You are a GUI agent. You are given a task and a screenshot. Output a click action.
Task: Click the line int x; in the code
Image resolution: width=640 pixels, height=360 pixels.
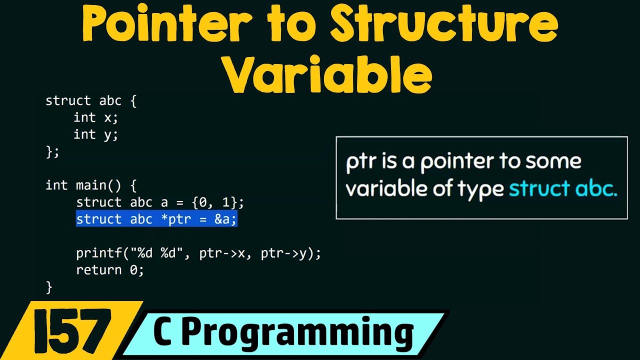[x=95, y=117]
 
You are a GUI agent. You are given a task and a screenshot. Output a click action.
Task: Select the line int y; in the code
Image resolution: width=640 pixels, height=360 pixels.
[x=95, y=134]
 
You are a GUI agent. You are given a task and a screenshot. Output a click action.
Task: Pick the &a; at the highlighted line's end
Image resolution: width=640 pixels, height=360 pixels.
[x=225, y=219]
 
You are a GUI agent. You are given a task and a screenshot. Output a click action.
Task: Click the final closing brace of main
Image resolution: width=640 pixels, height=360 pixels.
[x=49, y=287]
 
